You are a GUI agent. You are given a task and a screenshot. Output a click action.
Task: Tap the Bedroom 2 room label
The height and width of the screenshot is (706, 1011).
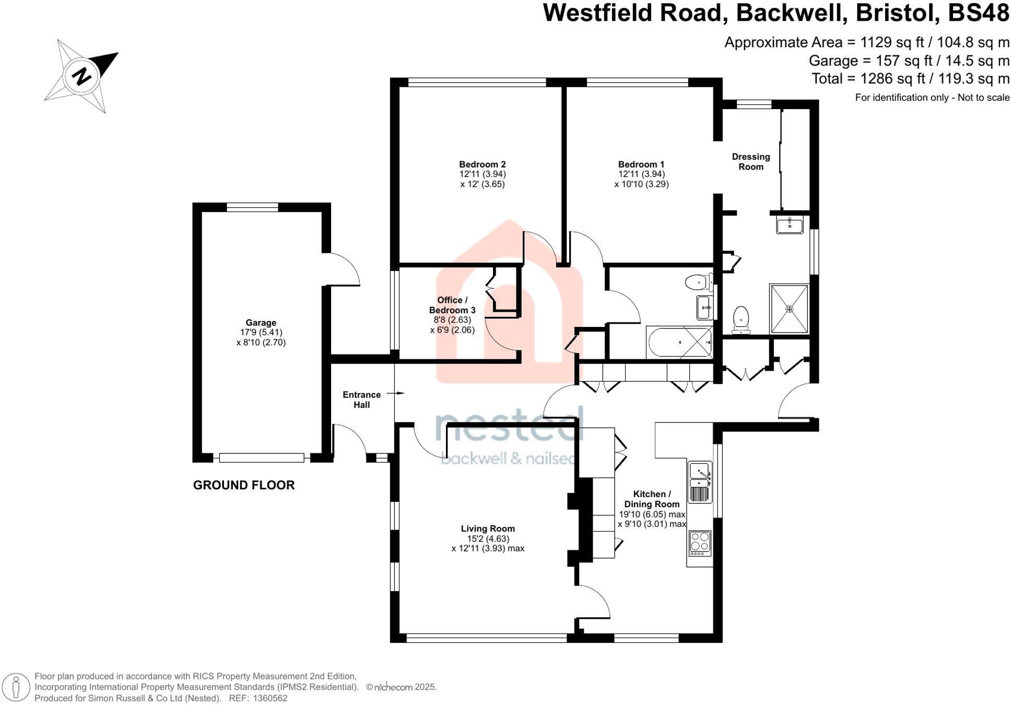coord(482,164)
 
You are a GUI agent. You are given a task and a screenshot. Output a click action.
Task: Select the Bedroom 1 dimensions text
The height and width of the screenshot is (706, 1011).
coord(641,179)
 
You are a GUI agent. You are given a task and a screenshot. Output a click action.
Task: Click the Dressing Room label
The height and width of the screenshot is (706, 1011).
coord(750,162)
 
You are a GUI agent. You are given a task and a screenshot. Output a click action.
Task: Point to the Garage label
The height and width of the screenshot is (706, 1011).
coord(261,323)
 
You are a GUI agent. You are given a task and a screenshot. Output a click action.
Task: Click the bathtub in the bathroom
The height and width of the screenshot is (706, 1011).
coord(679,343)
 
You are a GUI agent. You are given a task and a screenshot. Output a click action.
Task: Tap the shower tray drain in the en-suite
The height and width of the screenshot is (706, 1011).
coord(789,309)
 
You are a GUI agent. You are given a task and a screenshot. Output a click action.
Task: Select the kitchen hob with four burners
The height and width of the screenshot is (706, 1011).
coord(700,543)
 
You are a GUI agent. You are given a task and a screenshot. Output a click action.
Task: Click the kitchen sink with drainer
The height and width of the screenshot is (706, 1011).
coord(700,483)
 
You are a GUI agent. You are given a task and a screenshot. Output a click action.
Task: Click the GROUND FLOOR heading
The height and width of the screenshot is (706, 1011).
coord(244,485)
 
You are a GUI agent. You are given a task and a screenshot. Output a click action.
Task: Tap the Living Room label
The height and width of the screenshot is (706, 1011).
coord(488,529)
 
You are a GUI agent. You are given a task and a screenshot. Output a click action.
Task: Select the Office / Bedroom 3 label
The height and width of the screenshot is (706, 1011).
coord(452,305)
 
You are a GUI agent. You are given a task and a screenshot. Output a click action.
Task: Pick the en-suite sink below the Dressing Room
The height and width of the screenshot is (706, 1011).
coord(789,225)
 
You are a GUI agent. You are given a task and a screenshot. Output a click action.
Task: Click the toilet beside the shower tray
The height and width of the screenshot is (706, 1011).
coord(741,320)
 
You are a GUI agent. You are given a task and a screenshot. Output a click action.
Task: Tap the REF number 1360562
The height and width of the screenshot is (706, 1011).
coord(270,698)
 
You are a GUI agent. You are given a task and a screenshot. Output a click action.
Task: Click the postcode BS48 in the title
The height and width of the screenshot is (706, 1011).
coord(978,13)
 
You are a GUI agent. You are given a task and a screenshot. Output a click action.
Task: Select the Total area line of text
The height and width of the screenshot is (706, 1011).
coord(910,79)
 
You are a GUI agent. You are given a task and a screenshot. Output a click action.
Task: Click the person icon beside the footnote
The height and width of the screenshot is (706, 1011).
coord(16,687)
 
